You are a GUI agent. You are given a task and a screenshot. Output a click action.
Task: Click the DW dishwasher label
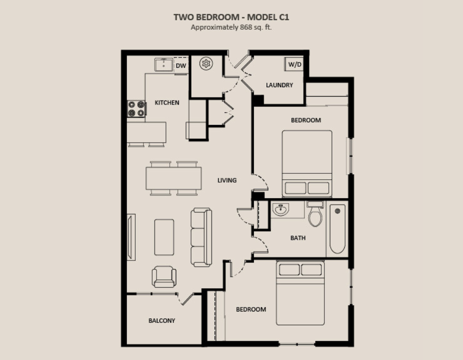point(181,65)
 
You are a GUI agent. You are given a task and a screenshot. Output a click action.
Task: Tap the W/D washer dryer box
point(294,64)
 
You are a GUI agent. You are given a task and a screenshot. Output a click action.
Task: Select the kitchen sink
point(164,65)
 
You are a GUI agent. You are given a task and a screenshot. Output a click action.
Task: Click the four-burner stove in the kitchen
point(136,108)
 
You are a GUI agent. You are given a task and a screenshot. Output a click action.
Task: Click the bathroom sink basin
point(281,209)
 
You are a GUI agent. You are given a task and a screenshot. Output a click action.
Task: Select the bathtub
point(337,229)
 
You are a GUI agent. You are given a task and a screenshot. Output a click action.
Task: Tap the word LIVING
point(227,180)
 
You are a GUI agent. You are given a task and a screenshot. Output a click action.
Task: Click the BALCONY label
point(162,320)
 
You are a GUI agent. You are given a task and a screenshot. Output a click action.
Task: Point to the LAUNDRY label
point(279,85)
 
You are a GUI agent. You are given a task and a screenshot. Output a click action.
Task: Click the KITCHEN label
point(167,103)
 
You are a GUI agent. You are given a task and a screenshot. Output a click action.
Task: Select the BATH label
point(298,238)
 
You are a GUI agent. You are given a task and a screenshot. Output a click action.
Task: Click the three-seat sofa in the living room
point(202,237)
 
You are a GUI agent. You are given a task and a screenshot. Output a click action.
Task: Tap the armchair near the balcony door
point(164,277)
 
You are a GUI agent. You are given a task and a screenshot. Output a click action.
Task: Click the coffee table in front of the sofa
point(164,237)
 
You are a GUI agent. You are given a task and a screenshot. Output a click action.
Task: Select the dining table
point(174,178)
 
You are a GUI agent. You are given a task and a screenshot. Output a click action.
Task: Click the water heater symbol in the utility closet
point(206,63)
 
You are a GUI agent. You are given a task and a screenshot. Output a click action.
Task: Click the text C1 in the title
point(283,17)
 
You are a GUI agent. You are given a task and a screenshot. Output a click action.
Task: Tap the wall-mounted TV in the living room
point(131,237)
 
